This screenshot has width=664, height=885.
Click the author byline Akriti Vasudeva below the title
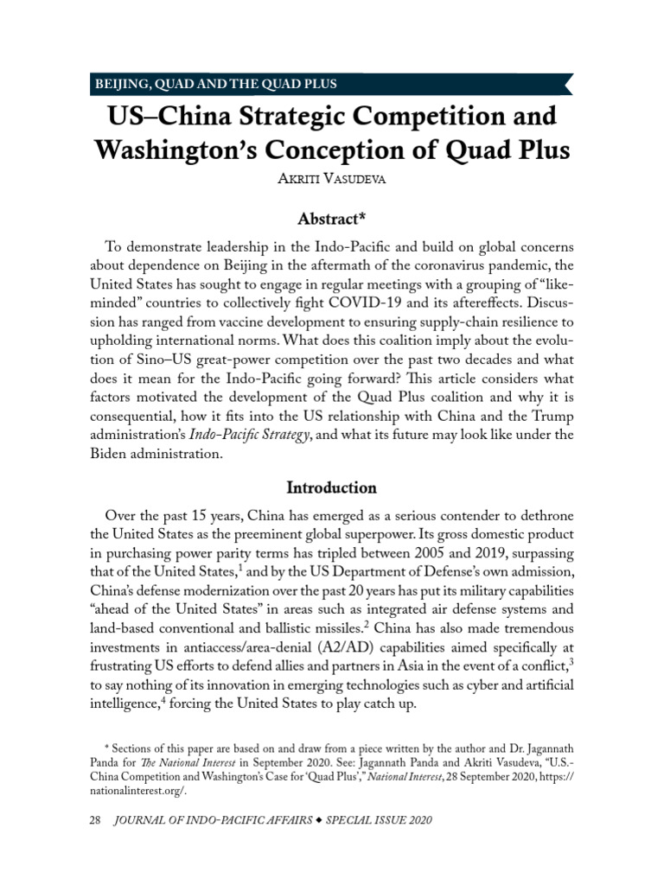[332, 180]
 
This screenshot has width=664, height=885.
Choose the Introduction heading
[332, 487]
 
